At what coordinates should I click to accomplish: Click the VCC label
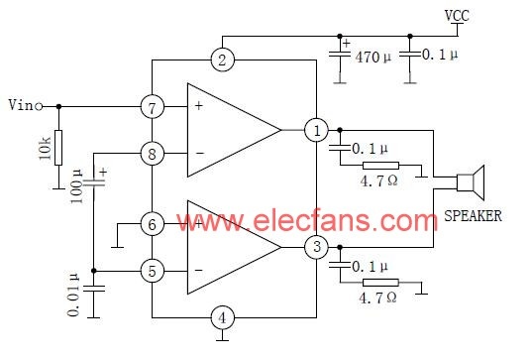[x=457, y=16]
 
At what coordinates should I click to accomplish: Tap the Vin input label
[x=21, y=105]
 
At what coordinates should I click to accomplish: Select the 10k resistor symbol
[x=58, y=148]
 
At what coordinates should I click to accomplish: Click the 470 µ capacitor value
[x=372, y=57]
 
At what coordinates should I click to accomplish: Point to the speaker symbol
[x=471, y=182]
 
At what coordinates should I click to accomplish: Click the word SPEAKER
[x=473, y=216]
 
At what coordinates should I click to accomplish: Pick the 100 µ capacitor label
[x=76, y=186]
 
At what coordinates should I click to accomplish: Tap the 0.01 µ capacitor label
[x=73, y=295]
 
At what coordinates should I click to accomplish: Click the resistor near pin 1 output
[x=380, y=166]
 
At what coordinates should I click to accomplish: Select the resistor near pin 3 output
[x=380, y=283]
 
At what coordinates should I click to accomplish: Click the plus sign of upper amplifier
[x=199, y=106]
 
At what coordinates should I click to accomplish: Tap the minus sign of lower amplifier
[x=199, y=271]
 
